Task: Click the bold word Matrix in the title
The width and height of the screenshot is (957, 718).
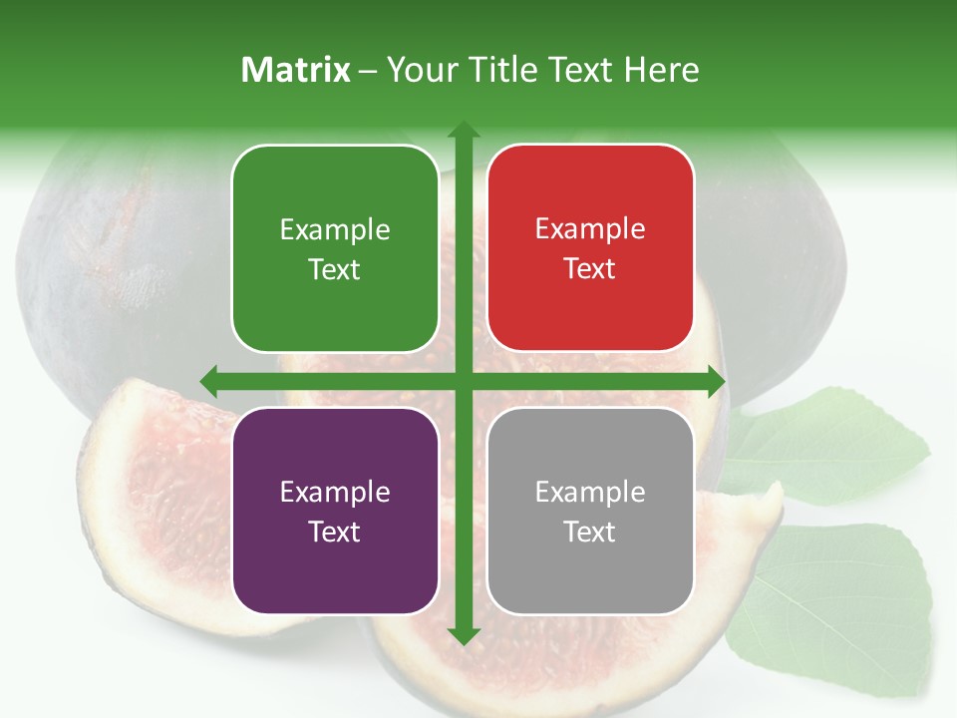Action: [296, 70]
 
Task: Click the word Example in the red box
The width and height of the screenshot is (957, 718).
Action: [590, 228]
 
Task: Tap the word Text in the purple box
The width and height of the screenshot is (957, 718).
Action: [335, 532]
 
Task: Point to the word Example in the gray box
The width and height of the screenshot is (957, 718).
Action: [590, 492]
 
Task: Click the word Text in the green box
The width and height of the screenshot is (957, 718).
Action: [335, 269]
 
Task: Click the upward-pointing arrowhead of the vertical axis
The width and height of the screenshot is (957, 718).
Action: [463, 130]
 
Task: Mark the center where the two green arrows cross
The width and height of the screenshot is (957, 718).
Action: [463, 381]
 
